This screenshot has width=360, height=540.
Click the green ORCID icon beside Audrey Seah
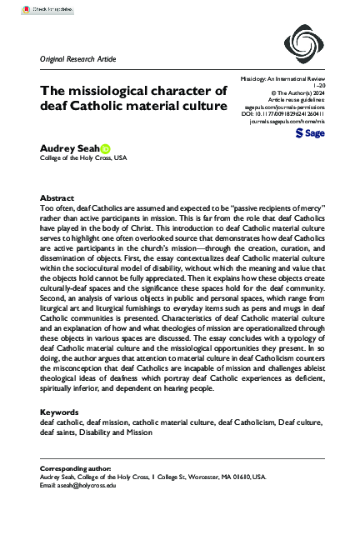(x=105, y=147)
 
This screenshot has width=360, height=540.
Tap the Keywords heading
(x=61, y=412)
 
